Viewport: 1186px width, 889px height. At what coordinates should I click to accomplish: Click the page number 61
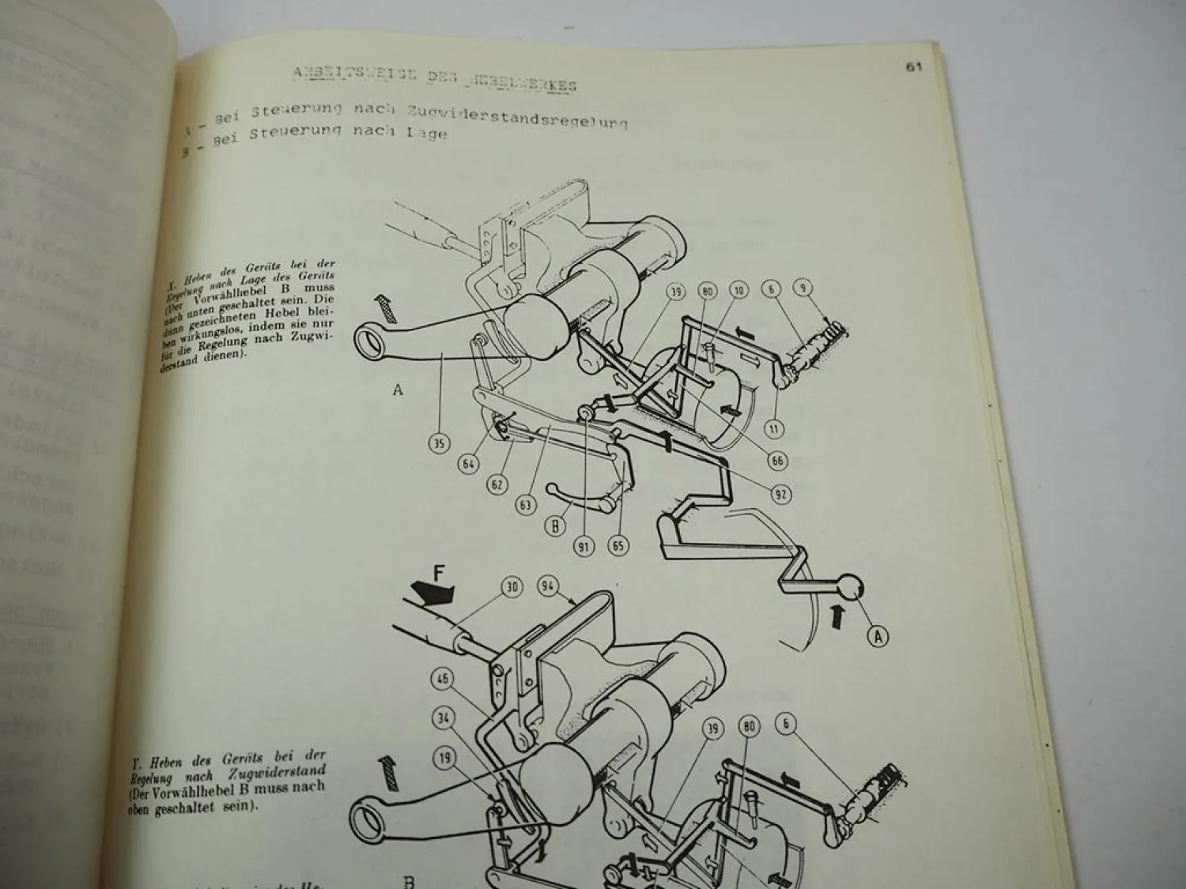click(x=914, y=68)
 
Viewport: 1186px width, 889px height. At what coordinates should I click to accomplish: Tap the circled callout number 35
click(x=440, y=443)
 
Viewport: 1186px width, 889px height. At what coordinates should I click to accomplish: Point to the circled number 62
click(x=497, y=484)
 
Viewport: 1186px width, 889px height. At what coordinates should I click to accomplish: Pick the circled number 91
click(x=584, y=545)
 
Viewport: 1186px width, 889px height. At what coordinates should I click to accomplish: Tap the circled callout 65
click(x=619, y=545)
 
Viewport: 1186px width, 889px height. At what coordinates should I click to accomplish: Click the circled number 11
click(x=773, y=429)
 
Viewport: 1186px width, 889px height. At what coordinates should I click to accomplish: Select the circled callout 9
click(x=805, y=288)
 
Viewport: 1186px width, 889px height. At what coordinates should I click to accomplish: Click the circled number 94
click(x=548, y=586)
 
